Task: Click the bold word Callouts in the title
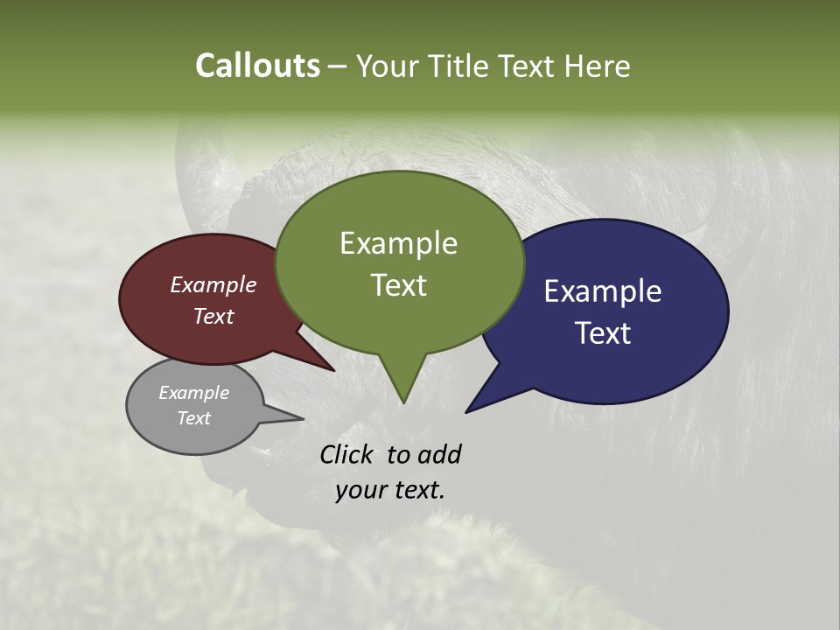pos(257,66)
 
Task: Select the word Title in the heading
pos(458,66)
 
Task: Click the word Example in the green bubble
pos(398,243)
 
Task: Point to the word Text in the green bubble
pos(398,285)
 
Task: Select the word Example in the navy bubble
pos(603,291)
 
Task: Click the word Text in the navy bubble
pos(603,333)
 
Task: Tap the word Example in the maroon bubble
pos(213,284)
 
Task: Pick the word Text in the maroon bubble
pos(213,316)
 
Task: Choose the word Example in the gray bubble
pos(193,393)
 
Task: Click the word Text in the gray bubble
pos(193,418)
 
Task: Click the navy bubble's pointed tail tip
pos(466,411)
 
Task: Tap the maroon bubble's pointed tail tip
pos(333,370)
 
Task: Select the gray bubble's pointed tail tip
pos(303,418)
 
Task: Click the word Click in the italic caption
pos(348,454)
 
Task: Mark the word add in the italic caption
pos(439,454)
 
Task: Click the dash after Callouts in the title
pos(339,66)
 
